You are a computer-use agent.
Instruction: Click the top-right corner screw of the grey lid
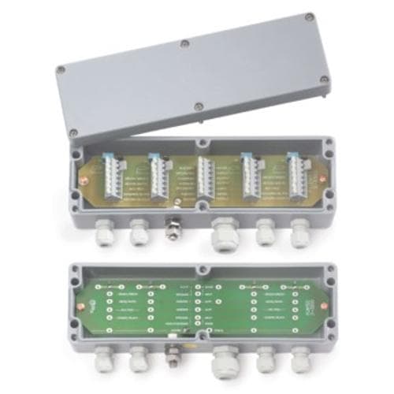click(x=310, y=17)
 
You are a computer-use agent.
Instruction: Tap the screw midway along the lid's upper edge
click(x=184, y=43)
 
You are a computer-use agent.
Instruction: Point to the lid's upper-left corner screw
click(x=61, y=69)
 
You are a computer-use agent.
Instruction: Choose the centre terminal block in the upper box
click(x=204, y=179)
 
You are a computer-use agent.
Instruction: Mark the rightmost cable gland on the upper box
click(x=299, y=230)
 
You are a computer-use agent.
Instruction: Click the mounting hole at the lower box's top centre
click(x=203, y=269)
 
